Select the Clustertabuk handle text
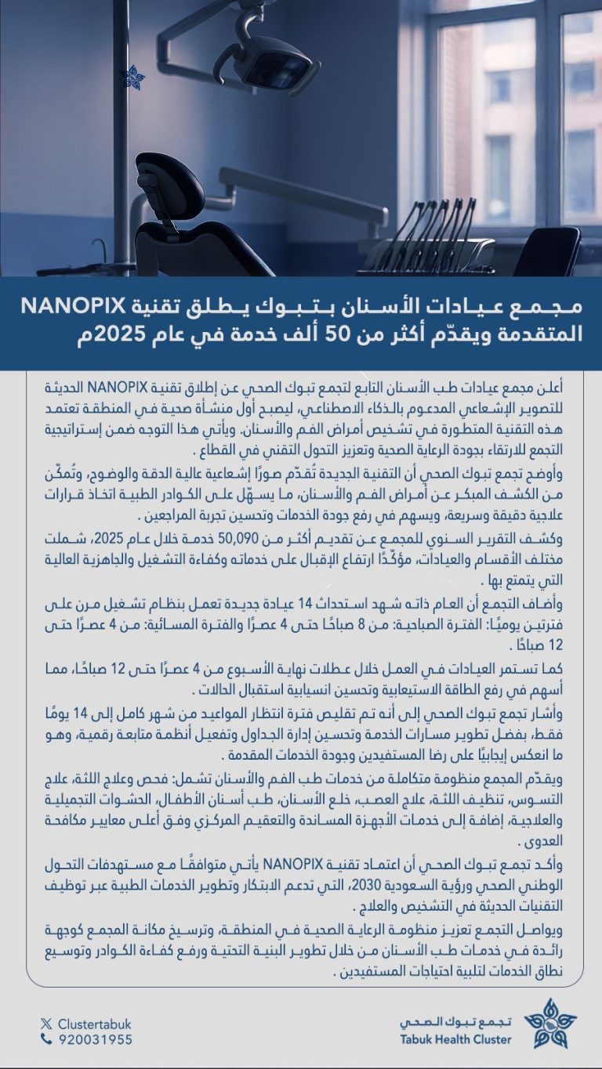[92, 1023]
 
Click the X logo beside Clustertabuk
[46, 1023]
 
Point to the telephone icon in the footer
[46, 1039]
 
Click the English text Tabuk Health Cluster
[455, 1039]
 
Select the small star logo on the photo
[132, 77]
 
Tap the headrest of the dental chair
[170, 187]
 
